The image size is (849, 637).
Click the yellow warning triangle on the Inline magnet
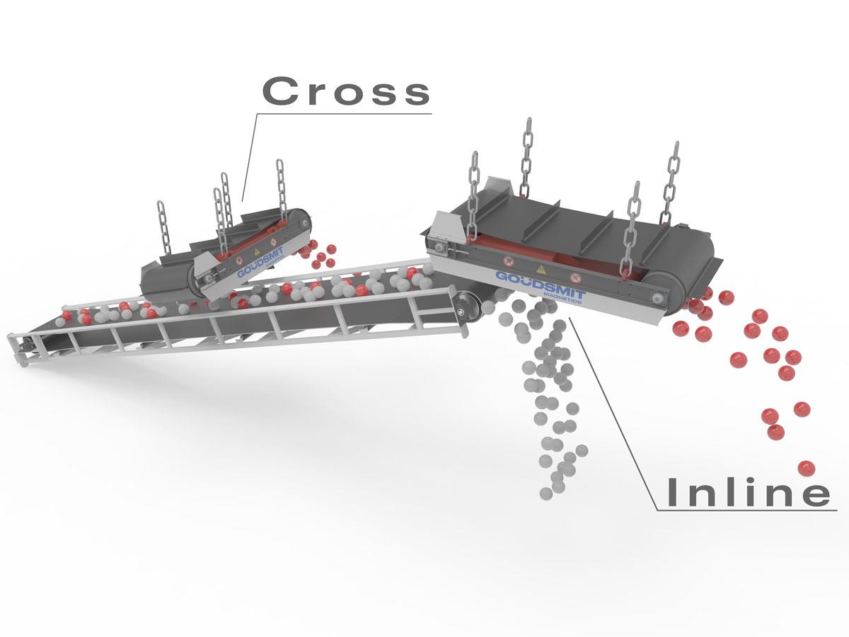541,269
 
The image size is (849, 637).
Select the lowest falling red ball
805,468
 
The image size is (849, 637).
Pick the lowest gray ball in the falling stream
546,493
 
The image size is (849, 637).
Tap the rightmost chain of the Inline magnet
671,180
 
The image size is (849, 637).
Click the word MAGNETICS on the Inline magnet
562,297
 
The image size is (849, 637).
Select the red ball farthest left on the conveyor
68,314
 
